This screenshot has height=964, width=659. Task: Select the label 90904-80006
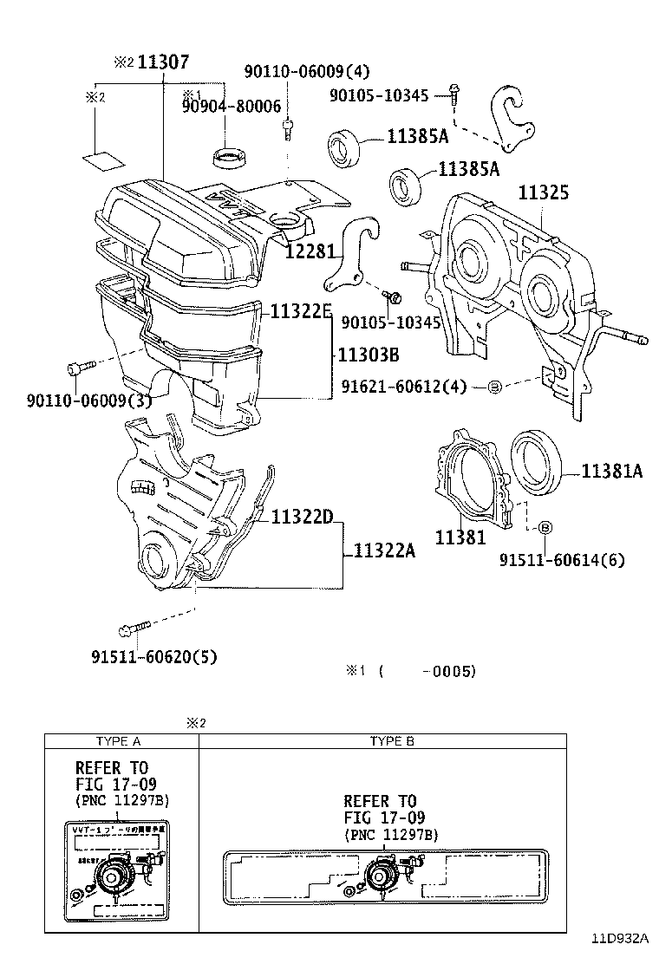[x=231, y=106]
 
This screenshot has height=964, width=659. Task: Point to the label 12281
[x=310, y=251]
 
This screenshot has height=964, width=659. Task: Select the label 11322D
[x=302, y=518]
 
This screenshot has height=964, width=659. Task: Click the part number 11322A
[x=384, y=550]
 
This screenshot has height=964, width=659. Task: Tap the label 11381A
[x=611, y=471]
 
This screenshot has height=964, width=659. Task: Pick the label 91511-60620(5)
[x=153, y=656]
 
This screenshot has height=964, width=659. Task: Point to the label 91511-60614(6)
[x=561, y=560]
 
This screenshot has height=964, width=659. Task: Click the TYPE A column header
[x=121, y=741]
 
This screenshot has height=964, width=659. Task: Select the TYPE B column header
[x=386, y=741]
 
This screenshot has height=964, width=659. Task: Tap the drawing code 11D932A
[x=620, y=938]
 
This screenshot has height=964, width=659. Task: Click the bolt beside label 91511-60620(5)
[x=136, y=626]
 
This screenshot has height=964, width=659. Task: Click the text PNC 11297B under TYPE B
[x=391, y=834]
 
